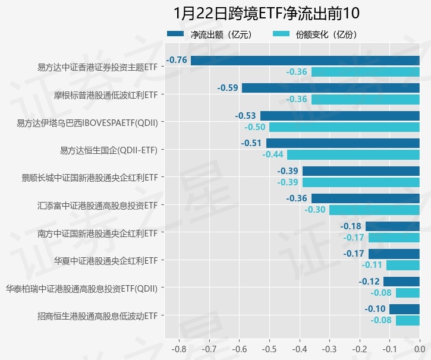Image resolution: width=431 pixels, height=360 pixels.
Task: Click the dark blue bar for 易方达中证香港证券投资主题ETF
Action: pos(305,60)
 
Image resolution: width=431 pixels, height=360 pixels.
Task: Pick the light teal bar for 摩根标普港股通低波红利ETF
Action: pos(365,99)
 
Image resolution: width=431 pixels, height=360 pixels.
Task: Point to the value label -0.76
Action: pos(177,60)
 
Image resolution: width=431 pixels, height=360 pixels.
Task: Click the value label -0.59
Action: pos(228,88)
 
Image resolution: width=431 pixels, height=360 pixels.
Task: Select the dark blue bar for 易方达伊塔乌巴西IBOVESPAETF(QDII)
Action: pos(339,116)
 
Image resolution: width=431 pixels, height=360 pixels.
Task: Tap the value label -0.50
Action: pos(255,127)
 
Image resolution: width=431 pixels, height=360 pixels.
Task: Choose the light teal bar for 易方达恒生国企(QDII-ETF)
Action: pos(353,154)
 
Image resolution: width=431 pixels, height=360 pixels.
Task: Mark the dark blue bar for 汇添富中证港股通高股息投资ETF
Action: pos(365,198)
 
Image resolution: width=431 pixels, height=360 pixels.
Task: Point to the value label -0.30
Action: pos(315,210)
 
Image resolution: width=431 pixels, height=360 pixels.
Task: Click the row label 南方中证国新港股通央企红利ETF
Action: pos(97,233)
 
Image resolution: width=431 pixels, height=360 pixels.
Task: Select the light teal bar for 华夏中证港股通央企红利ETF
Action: pos(402,265)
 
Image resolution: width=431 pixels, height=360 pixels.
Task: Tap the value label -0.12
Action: pos(369,282)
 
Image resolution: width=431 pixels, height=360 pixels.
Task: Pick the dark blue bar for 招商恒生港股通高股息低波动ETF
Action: pos(404,309)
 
